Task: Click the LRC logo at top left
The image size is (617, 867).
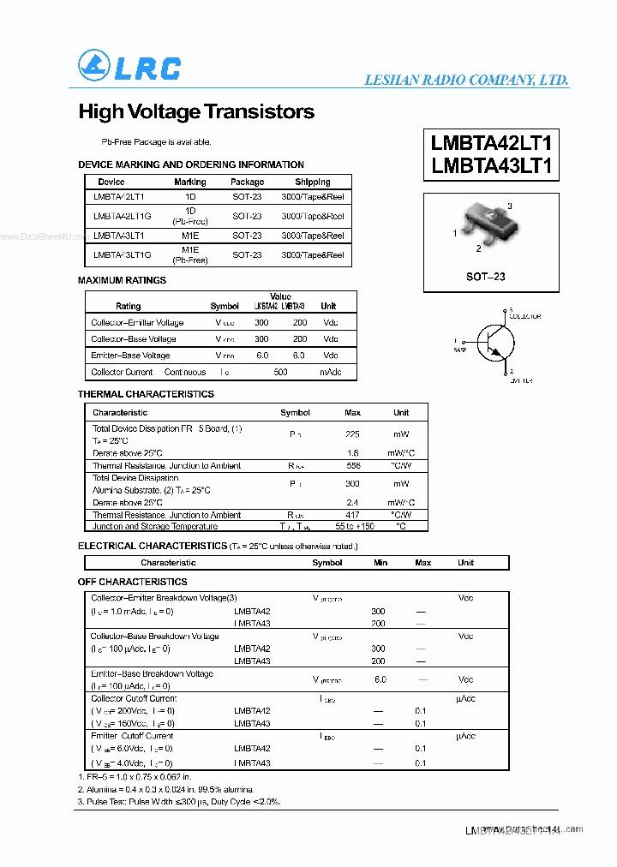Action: pos(129,67)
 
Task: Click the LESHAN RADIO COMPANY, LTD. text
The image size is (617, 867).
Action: pos(466,80)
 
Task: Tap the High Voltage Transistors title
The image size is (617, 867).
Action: pos(196,112)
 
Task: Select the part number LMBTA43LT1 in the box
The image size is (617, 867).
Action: pos(491,165)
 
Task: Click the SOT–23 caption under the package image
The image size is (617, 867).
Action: pos(486,277)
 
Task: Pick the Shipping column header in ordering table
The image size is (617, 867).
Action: pos(313,182)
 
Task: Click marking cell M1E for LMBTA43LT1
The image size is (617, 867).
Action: pos(189,235)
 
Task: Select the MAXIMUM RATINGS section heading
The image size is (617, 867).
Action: pos(123,280)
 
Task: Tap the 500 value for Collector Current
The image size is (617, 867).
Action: pos(280,372)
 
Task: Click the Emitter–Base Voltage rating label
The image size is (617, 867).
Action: pos(130,355)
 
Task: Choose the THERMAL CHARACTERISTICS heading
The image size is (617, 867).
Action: pos(146,394)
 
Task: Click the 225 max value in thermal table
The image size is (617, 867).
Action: pos(352,434)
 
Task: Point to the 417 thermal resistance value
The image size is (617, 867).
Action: pos(352,515)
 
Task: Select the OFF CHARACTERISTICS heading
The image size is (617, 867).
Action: pos(132,583)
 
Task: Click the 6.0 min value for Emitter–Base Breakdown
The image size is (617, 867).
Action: pos(380,679)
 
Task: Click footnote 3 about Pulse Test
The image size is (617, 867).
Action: pos(179,802)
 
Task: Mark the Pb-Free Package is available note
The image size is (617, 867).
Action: pos(156,141)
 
